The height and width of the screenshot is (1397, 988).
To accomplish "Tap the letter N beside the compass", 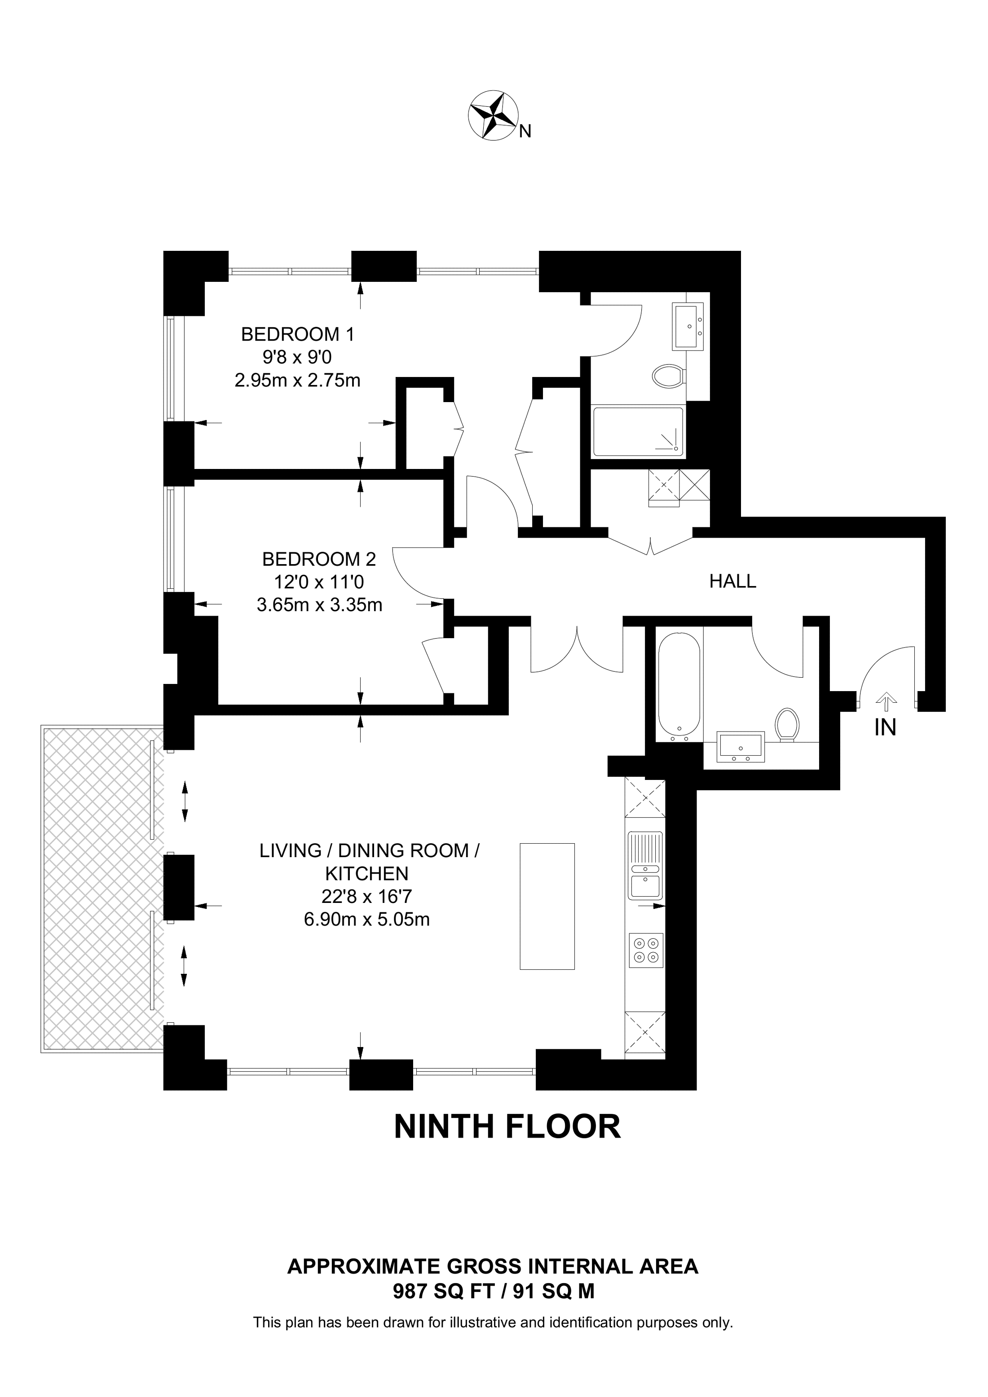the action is coord(525,131).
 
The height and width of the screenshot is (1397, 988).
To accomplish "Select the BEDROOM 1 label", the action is coord(298,334).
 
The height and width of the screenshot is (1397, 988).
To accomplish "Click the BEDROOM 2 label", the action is coord(319,559).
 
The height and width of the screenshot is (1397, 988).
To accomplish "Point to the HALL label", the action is coord(732,581).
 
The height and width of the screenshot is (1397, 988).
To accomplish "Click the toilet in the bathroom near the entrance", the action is coord(787,725).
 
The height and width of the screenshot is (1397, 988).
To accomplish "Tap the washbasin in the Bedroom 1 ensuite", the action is coord(688,326).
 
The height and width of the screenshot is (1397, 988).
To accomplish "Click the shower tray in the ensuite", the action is coord(639,432).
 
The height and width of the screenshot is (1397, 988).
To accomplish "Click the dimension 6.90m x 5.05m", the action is coord(366,919).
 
